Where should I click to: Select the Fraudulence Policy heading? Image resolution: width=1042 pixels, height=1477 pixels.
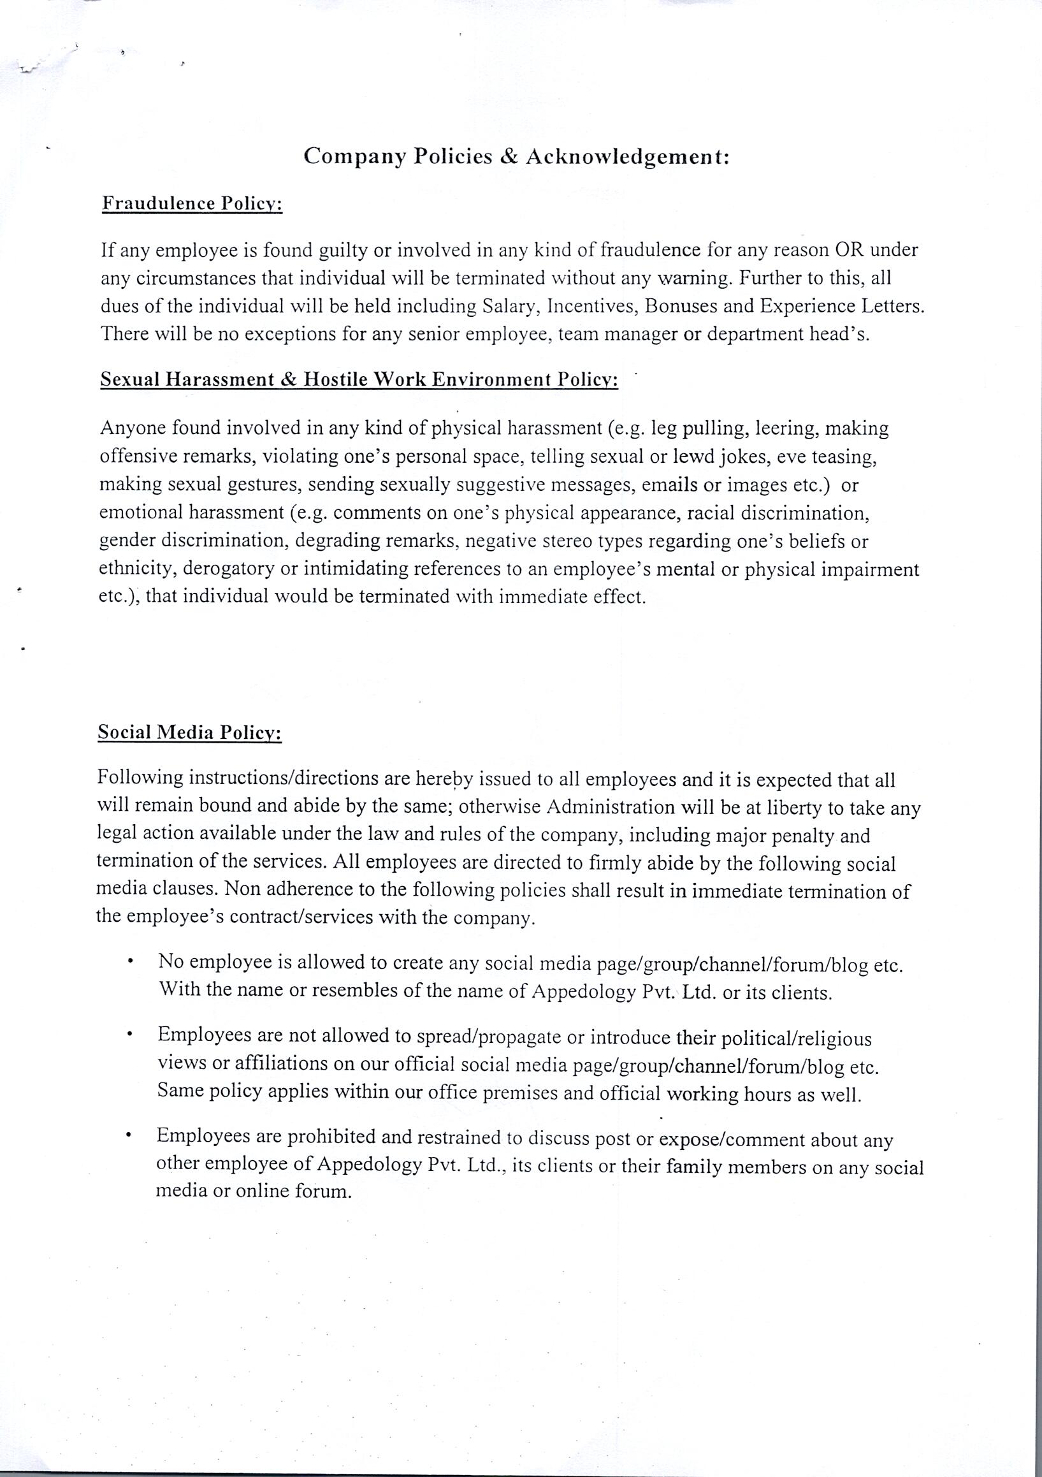[x=192, y=204]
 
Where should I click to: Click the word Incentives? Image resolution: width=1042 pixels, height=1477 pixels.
[x=588, y=306]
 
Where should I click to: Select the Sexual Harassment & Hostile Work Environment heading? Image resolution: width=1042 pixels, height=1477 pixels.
[x=359, y=379]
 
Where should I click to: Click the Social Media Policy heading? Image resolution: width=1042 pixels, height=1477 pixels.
[x=190, y=732]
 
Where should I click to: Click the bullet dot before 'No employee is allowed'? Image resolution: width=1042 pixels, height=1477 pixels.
[x=131, y=963]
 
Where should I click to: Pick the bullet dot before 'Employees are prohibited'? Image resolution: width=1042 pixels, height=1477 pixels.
[x=130, y=1137]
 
